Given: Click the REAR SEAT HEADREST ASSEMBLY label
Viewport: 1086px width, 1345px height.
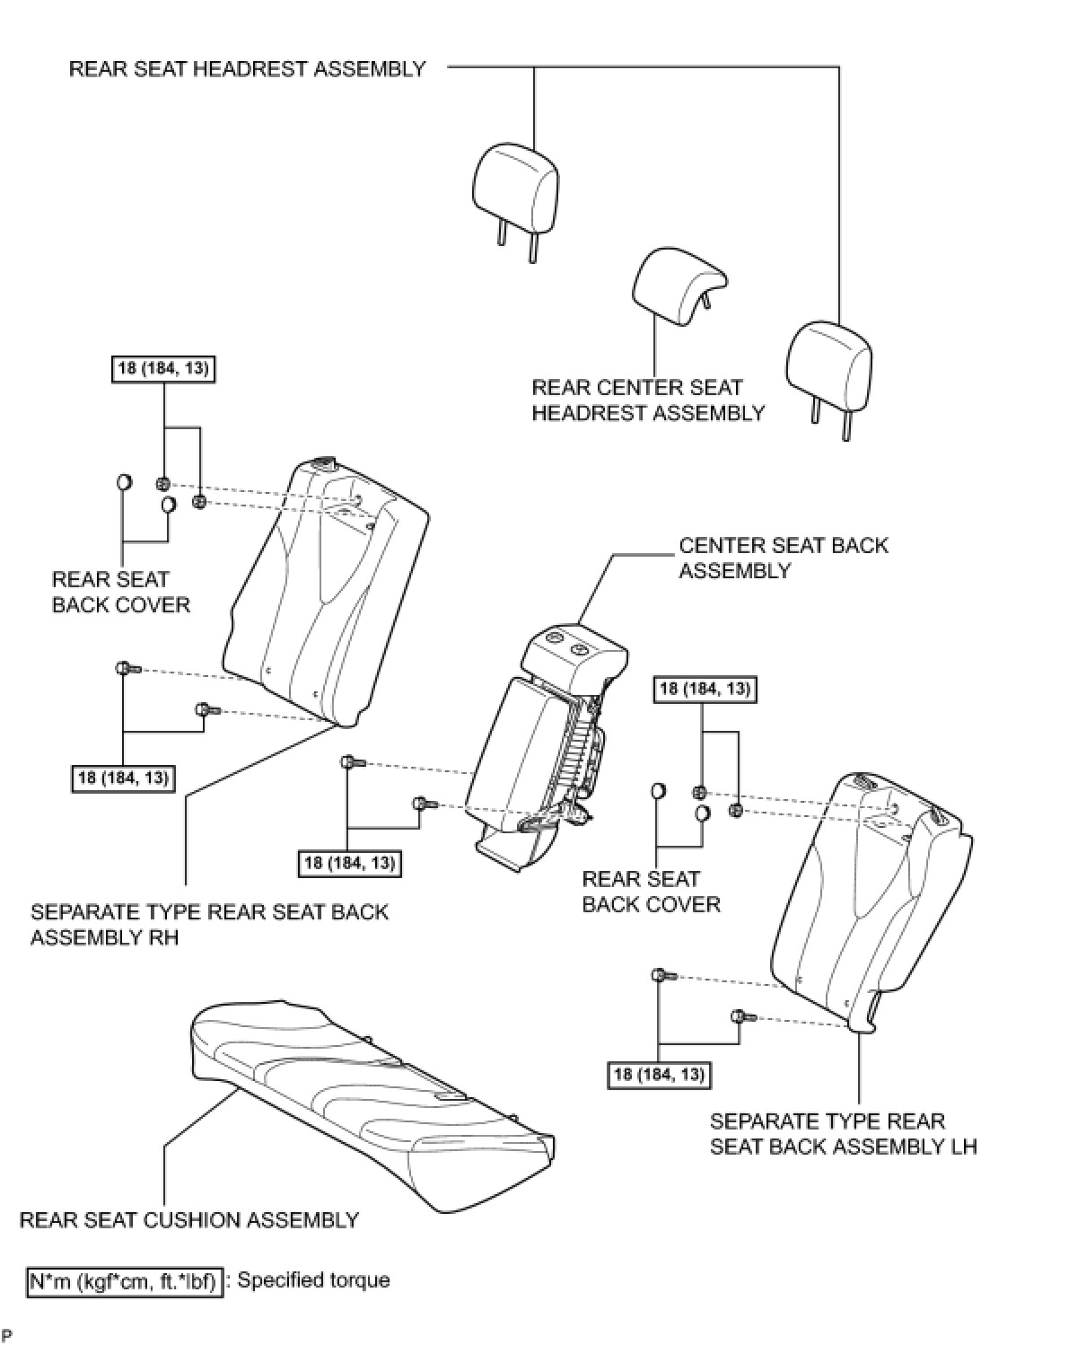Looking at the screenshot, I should point(247,69).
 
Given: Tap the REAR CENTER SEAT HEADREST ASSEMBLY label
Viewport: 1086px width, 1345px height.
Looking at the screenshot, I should point(647,400).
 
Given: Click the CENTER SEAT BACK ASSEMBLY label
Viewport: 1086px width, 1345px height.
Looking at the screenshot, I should point(783,558).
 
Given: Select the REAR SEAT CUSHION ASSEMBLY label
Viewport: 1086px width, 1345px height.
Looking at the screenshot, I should point(188,1220).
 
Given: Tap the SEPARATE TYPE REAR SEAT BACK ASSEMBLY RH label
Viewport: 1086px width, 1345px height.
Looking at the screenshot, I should point(209,925).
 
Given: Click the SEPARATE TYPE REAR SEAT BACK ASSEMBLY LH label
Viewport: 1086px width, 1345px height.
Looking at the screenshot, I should point(843,1134).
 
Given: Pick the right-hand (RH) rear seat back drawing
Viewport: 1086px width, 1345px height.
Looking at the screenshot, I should point(323,593).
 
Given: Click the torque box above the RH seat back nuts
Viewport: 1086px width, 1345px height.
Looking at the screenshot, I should point(164,368).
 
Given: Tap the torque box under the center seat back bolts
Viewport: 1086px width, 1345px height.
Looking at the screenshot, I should point(350,863).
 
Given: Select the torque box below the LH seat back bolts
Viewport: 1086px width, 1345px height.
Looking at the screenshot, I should point(659,1075).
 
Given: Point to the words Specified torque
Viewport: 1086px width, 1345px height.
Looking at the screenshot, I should point(313,1280).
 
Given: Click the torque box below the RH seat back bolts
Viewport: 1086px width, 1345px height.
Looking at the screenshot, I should point(124,778).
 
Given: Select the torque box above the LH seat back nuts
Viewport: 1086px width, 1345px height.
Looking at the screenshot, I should point(705,690).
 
